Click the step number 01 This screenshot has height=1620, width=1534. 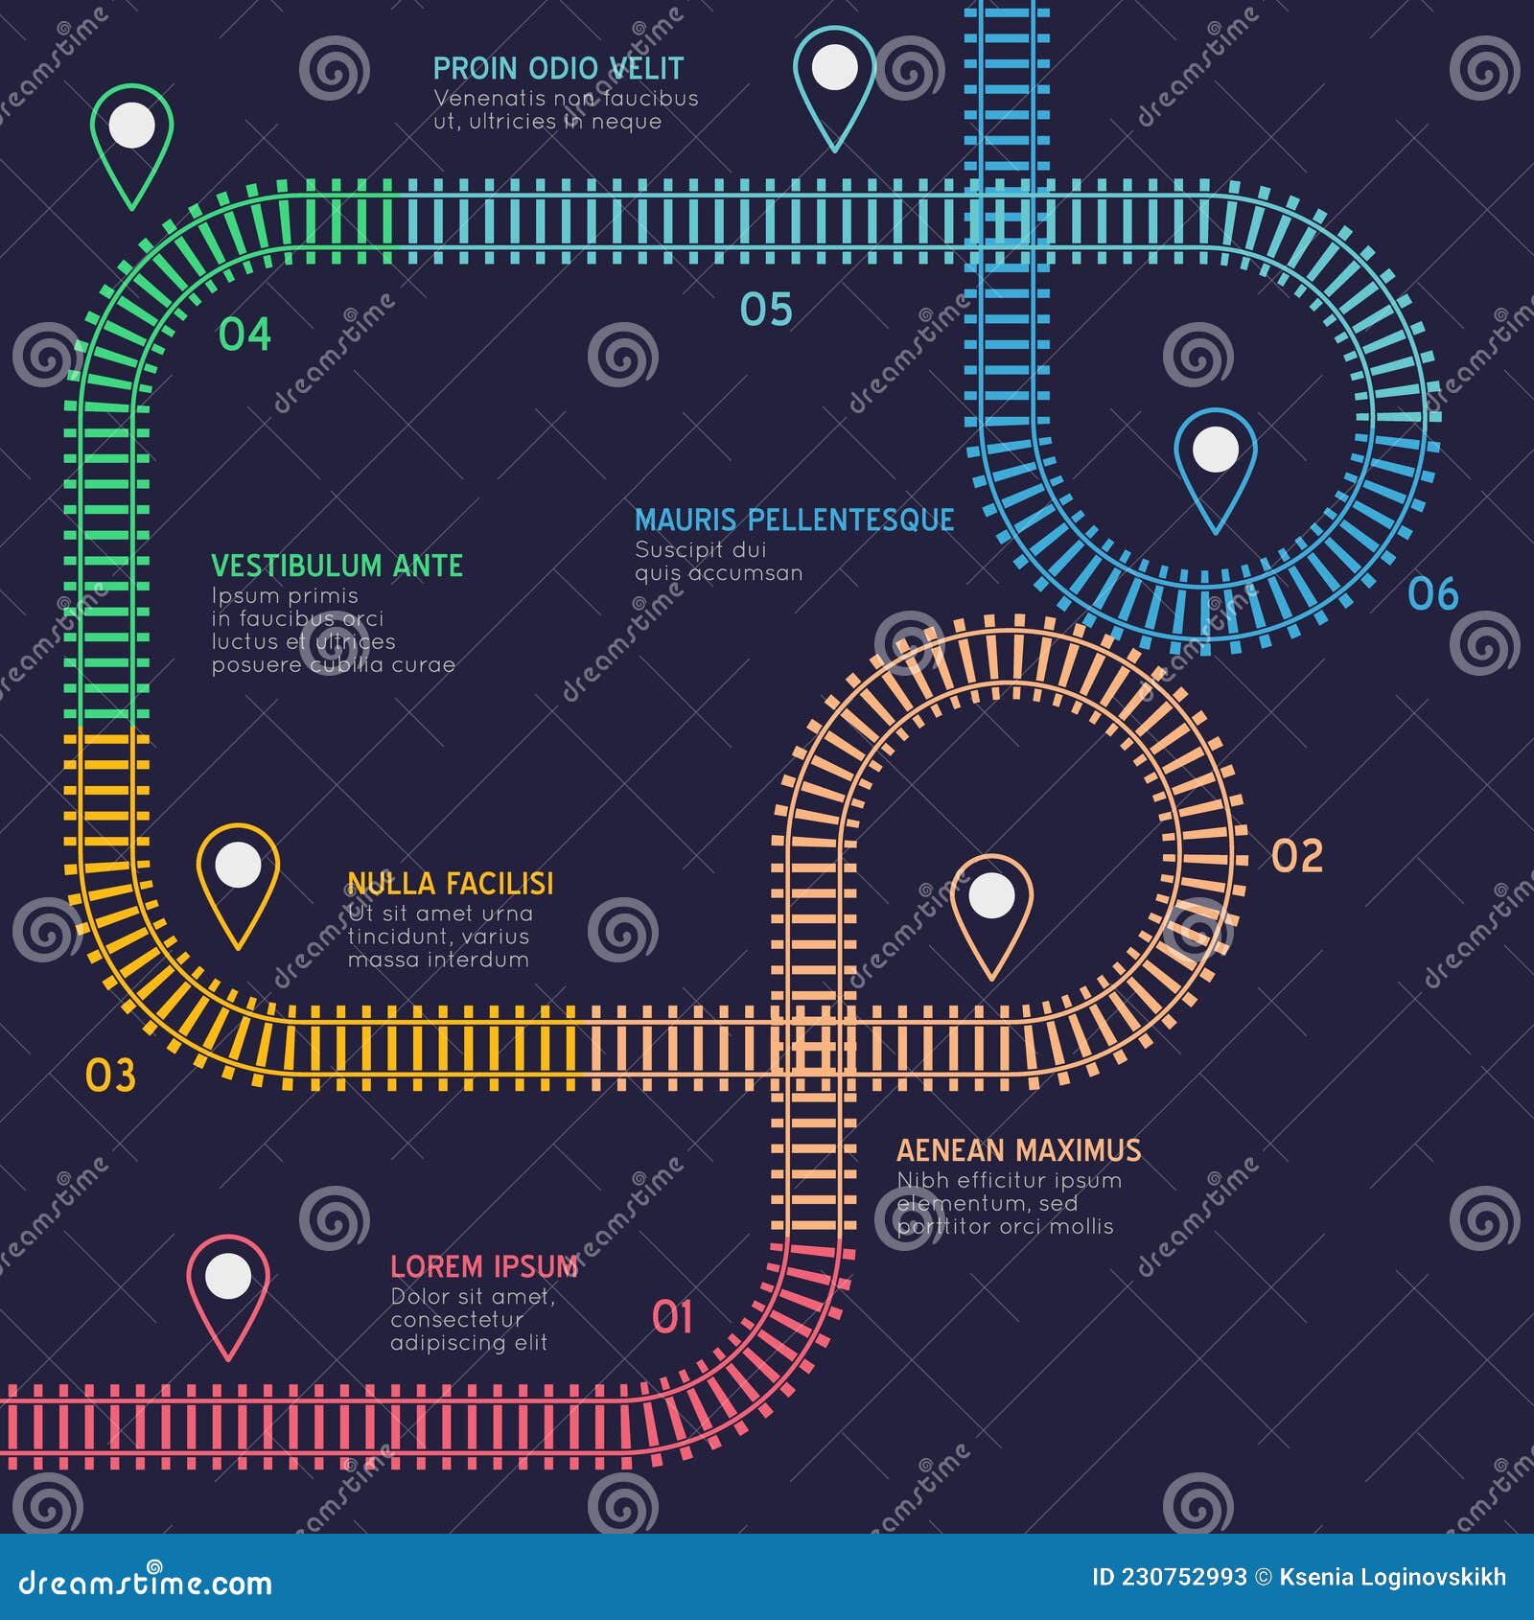672,1317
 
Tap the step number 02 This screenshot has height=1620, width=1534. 1297,855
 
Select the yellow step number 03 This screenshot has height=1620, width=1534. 110,1076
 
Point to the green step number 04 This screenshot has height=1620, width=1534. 244,335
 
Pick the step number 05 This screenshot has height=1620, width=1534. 766,310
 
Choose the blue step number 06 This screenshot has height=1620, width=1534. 1432,594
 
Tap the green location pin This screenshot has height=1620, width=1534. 132,139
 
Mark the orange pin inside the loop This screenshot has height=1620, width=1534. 991,910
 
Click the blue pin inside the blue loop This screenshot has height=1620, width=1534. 1216,463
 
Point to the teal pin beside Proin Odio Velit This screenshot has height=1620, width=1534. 834,81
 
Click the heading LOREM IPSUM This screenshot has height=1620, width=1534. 484,1266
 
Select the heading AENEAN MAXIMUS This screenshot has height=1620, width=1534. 1018,1150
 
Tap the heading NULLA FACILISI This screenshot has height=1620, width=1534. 451,883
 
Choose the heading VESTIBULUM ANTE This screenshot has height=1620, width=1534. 337,566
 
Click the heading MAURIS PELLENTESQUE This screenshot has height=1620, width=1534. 794,520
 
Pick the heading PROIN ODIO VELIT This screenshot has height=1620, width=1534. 558,68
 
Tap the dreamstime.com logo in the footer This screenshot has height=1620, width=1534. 146,1582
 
